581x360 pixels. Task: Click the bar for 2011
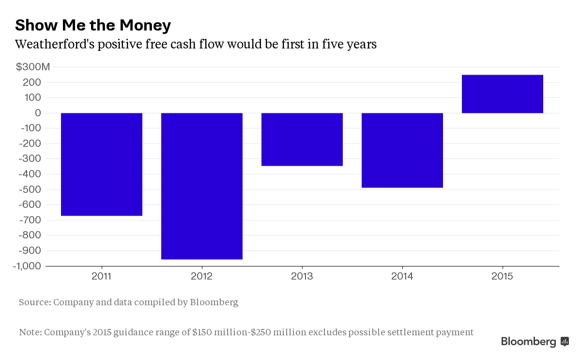pyautogui.click(x=102, y=164)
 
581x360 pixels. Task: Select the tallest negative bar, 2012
pyautogui.click(x=202, y=186)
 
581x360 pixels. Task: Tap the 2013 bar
pyautogui.click(x=302, y=140)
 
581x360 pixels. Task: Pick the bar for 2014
pyautogui.click(x=402, y=150)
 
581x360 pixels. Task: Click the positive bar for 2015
pyautogui.click(x=503, y=94)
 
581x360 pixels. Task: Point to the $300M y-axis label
pyautogui.click(x=33, y=67)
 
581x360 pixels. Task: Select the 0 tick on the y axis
pyautogui.click(x=38, y=113)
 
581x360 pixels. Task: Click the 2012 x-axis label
pyautogui.click(x=202, y=277)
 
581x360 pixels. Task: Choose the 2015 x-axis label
pyautogui.click(x=503, y=277)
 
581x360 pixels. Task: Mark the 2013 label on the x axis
pyautogui.click(x=302, y=277)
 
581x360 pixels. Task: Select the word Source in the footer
pyautogui.click(x=34, y=302)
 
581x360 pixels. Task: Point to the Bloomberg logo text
pyautogui.click(x=529, y=342)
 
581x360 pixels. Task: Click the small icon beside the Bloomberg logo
pyautogui.click(x=565, y=342)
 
